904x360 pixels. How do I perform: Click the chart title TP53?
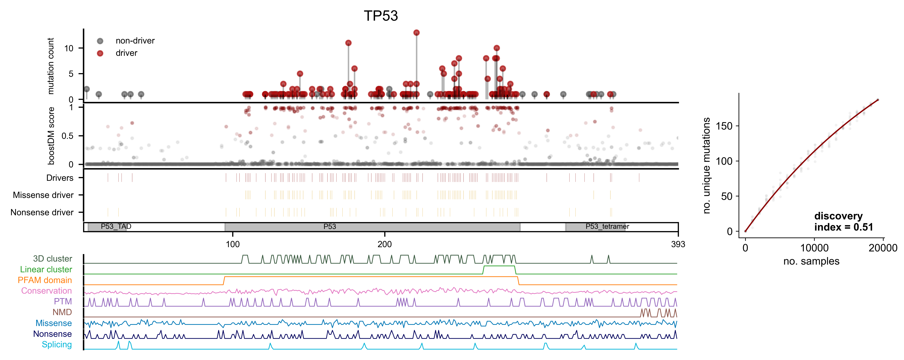coord(381,16)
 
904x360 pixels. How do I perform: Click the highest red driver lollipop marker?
coord(416,33)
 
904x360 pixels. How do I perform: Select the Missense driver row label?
coord(43,195)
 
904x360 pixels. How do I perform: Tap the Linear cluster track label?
coord(46,270)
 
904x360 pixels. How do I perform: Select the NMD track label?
coord(62,312)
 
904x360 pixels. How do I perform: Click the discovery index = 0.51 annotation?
coord(843,222)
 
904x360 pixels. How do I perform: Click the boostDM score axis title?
coord(51,136)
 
